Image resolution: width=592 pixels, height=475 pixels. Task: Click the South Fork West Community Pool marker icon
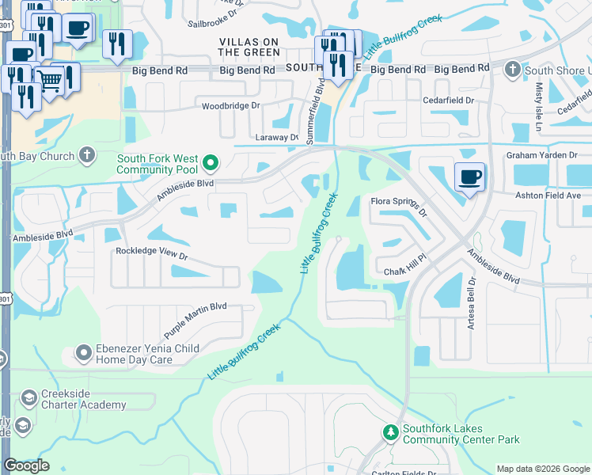point(211,164)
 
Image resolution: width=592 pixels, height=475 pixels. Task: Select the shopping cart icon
point(50,78)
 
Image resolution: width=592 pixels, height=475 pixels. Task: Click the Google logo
point(26,465)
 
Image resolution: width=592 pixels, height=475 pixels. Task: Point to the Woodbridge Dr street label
point(231,105)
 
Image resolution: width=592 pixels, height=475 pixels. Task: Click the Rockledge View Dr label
point(151,256)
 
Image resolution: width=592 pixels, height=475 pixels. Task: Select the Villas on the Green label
point(249,46)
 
